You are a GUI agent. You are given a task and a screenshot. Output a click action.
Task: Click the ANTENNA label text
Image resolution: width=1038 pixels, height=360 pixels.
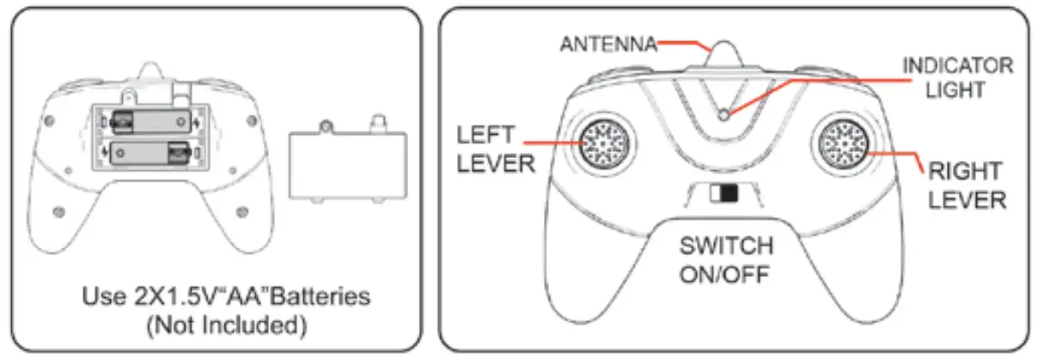tap(608, 45)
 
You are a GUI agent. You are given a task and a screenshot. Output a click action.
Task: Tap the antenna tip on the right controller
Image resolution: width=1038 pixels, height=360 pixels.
tap(724, 43)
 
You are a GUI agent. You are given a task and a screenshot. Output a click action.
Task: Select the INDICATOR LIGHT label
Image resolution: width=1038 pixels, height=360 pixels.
tap(957, 77)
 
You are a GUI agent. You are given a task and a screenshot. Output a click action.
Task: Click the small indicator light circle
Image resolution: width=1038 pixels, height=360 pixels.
tap(724, 114)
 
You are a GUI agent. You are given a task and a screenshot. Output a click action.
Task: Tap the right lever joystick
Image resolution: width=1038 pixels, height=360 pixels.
tap(844, 143)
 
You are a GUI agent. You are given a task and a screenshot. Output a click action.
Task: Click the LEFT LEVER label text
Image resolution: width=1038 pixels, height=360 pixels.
tap(496, 149)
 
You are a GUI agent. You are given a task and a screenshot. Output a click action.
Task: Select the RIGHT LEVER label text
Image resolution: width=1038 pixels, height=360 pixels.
tap(967, 186)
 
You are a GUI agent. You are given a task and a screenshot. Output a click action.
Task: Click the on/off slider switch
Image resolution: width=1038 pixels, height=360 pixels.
tap(724, 193)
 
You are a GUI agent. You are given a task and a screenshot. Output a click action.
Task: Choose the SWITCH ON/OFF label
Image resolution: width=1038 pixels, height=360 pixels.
tap(726, 260)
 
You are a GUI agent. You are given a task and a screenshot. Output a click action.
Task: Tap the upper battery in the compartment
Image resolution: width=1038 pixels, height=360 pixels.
tap(151, 122)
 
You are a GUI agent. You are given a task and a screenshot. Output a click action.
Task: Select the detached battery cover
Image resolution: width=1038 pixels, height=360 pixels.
tap(348, 162)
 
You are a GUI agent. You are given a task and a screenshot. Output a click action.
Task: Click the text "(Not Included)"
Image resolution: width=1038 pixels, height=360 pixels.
tap(227, 326)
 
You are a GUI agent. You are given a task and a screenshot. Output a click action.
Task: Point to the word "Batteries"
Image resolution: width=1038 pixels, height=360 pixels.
tap(321, 296)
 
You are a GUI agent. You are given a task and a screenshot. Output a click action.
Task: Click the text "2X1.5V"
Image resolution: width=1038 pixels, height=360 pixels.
tap(174, 296)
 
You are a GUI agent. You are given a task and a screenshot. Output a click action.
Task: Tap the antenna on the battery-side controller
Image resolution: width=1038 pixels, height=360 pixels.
tap(150, 70)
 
